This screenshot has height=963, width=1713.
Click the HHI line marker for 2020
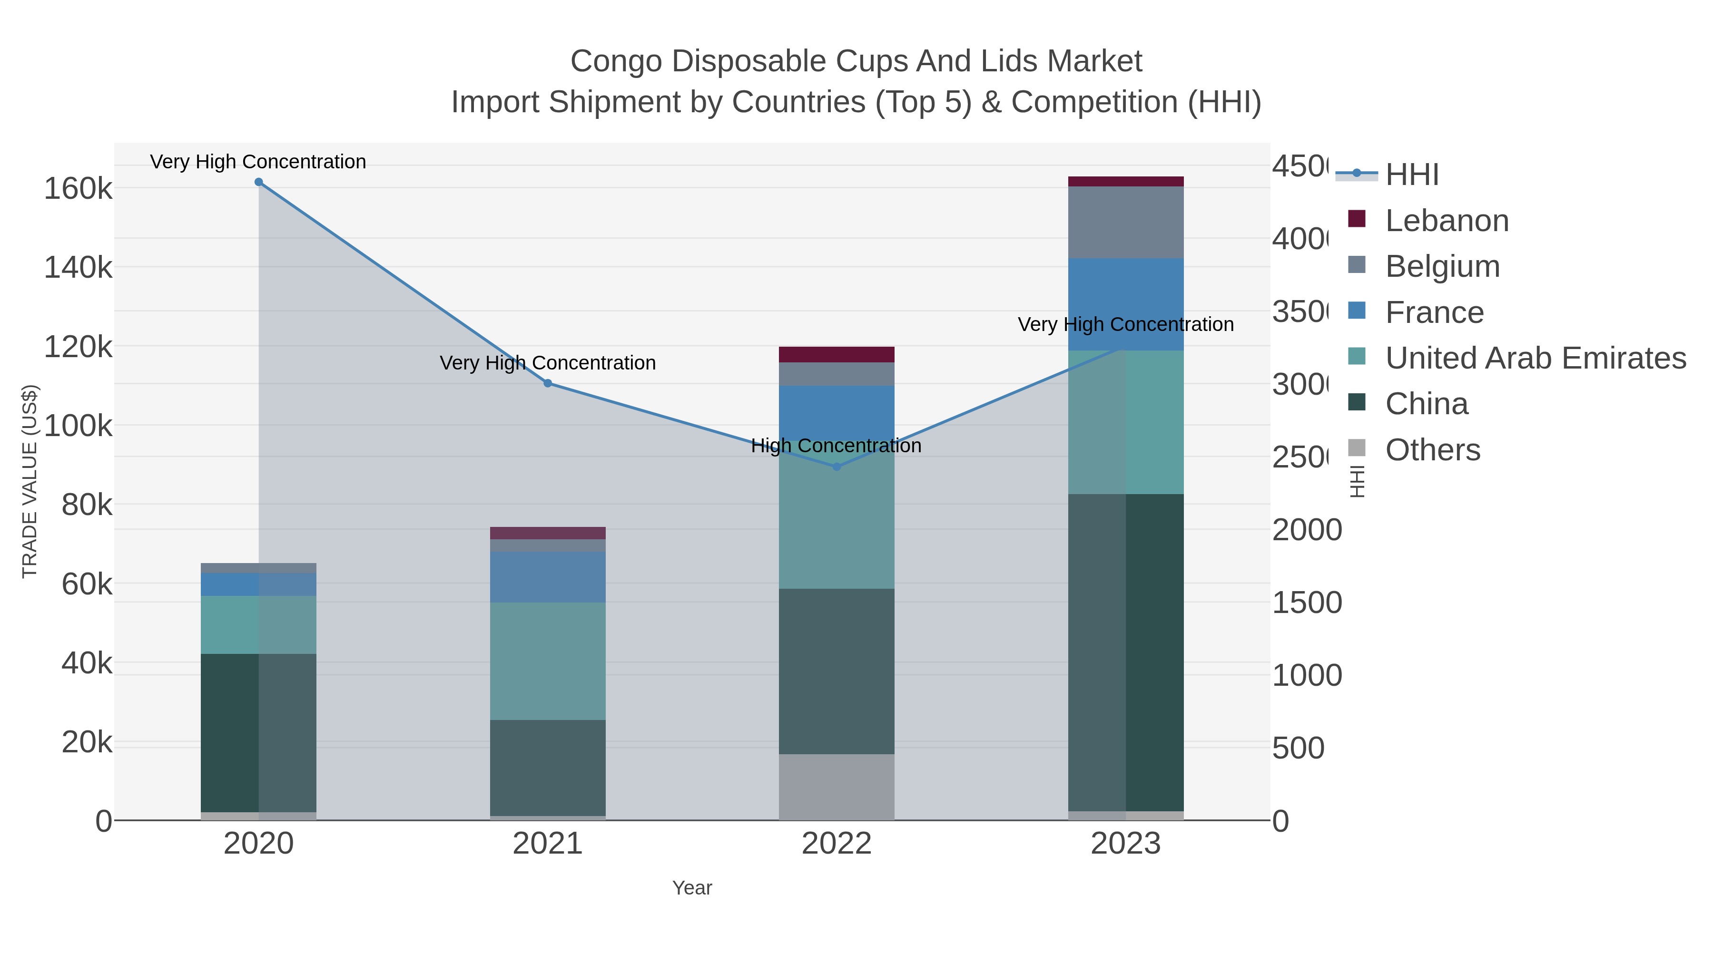259,182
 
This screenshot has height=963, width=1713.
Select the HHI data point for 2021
547,383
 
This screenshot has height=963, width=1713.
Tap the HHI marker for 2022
837,467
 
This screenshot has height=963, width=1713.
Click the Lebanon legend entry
1447,221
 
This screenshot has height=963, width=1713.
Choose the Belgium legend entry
1442,266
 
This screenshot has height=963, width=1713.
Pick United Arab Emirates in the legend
1535,358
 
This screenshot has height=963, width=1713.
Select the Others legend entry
1432,450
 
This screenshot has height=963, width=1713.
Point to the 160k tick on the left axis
78,189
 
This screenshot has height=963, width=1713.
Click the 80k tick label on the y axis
87,505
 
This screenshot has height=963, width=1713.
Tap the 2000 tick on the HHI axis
1307,530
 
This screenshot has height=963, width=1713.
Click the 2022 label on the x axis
837,844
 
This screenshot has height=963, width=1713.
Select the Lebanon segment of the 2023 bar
1126,182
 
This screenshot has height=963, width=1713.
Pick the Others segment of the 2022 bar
837,787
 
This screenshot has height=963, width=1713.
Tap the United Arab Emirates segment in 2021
547,661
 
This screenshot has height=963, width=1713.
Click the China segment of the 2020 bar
259,732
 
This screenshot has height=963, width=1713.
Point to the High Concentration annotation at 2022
836,446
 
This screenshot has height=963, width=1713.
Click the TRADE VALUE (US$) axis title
30,481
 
